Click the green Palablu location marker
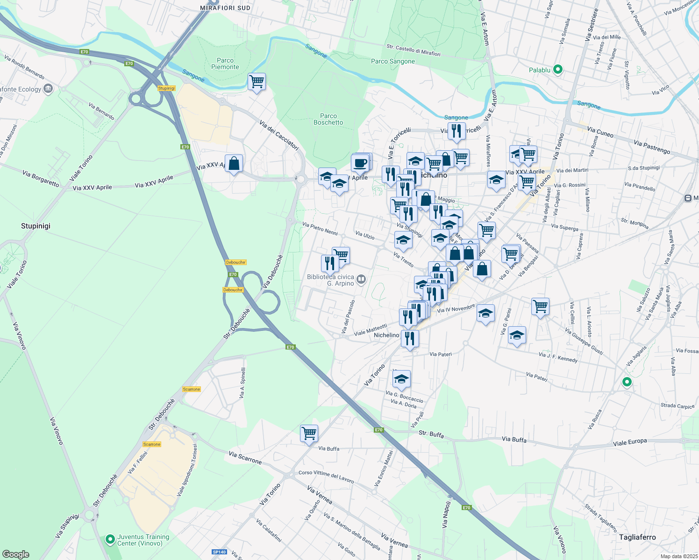(557, 70)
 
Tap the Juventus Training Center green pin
(110, 540)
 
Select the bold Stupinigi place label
(36, 226)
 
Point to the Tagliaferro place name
(637, 537)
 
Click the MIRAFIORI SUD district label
(225, 8)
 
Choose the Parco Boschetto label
(328, 119)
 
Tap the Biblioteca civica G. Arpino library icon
(361, 280)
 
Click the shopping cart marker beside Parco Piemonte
(257, 82)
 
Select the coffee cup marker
(360, 163)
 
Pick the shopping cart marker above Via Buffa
(309, 433)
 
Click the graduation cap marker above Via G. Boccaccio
(401, 379)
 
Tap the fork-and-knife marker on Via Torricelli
(456, 131)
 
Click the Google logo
(16, 554)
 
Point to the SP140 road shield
(219, 552)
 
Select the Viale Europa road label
(630, 442)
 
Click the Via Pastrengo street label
(652, 147)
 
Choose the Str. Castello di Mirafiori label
(414, 50)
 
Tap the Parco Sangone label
(393, 61)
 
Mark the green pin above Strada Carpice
(627, 382)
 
